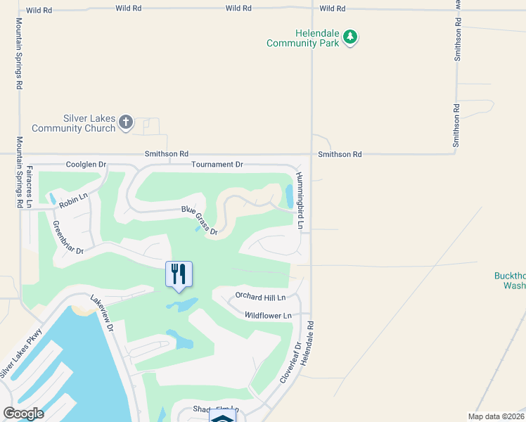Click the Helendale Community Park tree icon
click(x=350, y=37)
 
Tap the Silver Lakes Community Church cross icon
click(x=126, y=123)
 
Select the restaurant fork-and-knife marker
click(x=179, y=274)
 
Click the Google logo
click(x=24, y=414)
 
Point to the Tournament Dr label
click(x=217, y=165)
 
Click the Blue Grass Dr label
click(x=200, y=220)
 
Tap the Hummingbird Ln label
click(x=300, y=200)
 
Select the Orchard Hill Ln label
click(x=260, y=296)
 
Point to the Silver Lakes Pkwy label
click(x=21, y=353)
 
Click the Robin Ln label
click(x=73, y=202)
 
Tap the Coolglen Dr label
click(x=86, y=165)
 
